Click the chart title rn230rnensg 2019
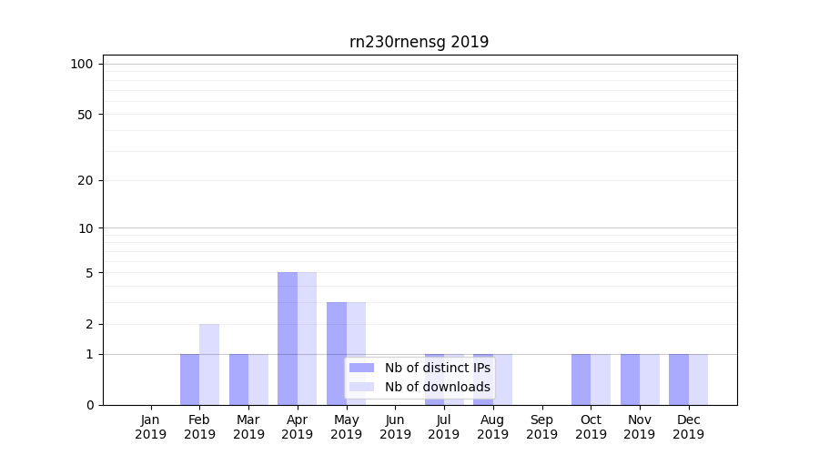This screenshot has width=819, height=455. tap(419, 42)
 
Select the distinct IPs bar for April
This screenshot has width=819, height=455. tap(288, 339)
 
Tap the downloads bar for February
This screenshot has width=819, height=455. tap(209, 364)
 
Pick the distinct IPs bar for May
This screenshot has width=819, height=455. tap(337, 353)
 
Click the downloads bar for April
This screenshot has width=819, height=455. tap(308, 339)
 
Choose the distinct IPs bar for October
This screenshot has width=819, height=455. tap(581, 379)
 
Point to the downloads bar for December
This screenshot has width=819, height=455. tap(698, 379)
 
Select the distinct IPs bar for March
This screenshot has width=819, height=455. tap(238, 379)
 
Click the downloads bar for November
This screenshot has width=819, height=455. tap(650, 379)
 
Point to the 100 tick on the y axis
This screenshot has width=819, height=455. tap(82, 64)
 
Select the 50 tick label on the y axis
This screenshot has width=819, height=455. tap(85, 115)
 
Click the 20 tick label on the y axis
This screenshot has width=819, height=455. tap(85, 180)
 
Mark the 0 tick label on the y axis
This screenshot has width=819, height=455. tap(89, 405)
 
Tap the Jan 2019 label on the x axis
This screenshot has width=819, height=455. tap(151, 427)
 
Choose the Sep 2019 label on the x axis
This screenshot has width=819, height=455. tap(541, 427)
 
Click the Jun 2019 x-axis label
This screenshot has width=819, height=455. tap(395, 427)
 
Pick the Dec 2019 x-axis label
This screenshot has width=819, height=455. tap(688, 427)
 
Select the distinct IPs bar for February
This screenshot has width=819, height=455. tap(189, 379)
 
